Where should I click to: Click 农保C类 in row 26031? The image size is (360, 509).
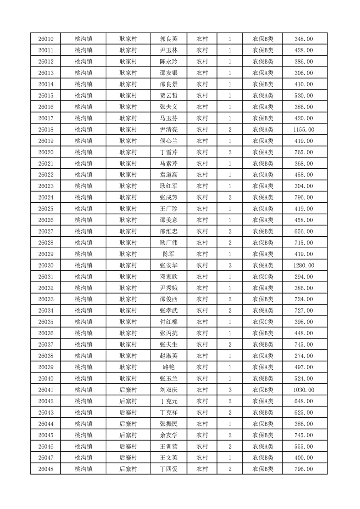tap(263, 277)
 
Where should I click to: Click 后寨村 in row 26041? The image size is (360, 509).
tap(128, 390)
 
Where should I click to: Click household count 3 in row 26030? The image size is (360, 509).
tap(230, 265)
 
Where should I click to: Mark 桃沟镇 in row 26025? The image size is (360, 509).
tap(84, 209)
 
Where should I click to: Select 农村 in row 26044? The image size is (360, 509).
tap(202, 424)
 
